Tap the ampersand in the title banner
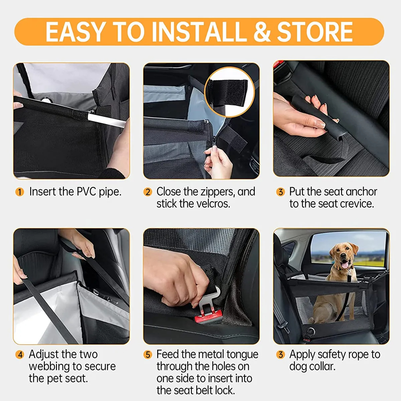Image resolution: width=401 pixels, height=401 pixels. click(262, 32)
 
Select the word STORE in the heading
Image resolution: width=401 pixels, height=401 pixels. click(315, 32)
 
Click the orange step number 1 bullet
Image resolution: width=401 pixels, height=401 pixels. click(20, 192)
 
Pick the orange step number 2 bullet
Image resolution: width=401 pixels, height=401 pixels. click(148, 192)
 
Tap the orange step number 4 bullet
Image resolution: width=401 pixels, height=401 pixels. click(20, 355)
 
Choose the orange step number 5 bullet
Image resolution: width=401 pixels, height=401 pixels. click(148, 355)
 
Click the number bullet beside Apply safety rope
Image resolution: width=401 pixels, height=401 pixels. click(280, 355)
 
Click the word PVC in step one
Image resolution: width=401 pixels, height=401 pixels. click(87, 192)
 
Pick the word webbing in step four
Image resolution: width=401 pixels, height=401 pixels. click(49, 367)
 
